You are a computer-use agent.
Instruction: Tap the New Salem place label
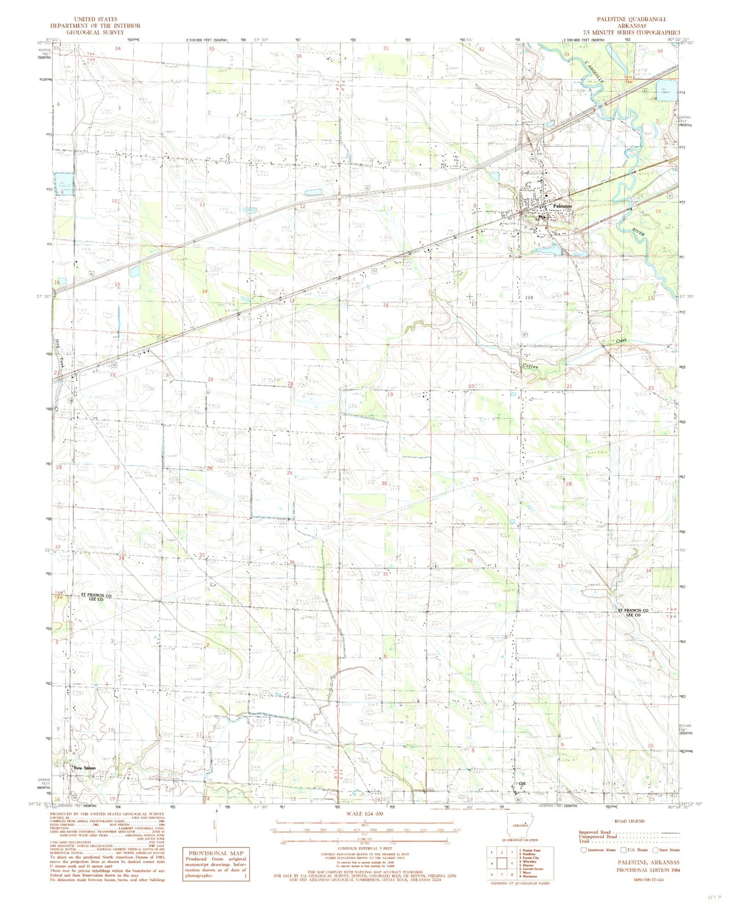84,768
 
